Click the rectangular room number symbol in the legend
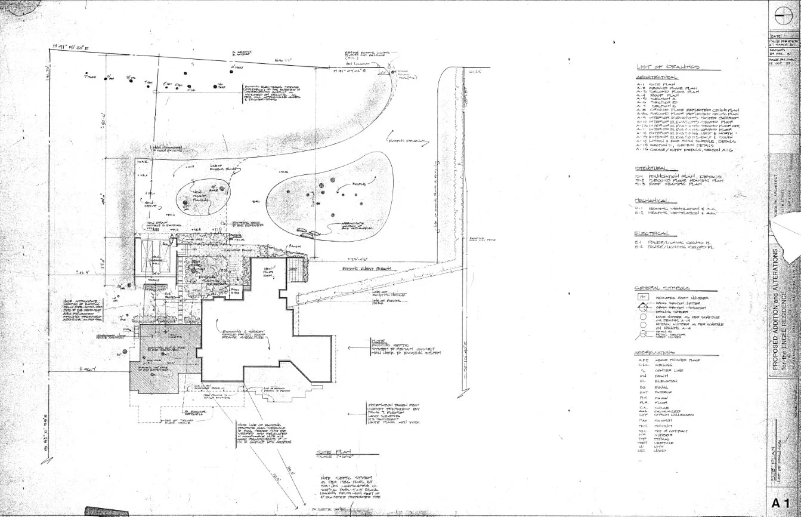point(644,296)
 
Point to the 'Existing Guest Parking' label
point(367,269)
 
